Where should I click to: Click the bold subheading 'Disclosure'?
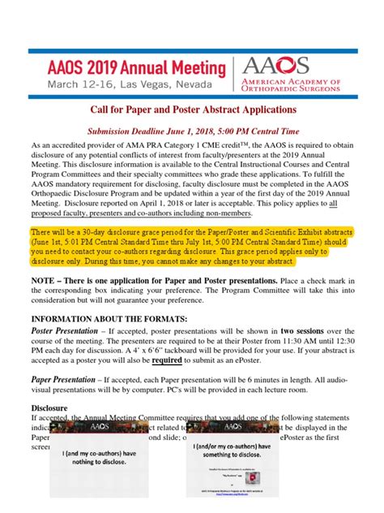click(x=49, y=432)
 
